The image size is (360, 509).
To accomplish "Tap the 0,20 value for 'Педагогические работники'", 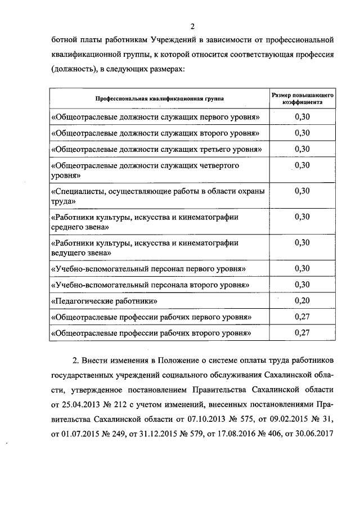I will (303, 300).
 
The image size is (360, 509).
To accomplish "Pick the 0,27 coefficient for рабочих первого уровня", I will (303, 316).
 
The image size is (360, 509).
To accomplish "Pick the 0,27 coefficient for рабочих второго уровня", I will (303, 332).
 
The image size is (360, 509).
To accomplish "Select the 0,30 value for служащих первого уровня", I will (303, 116).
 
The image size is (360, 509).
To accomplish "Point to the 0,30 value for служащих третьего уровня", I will (303, 148).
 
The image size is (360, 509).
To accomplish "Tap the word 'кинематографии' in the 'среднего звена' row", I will (212, 217).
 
